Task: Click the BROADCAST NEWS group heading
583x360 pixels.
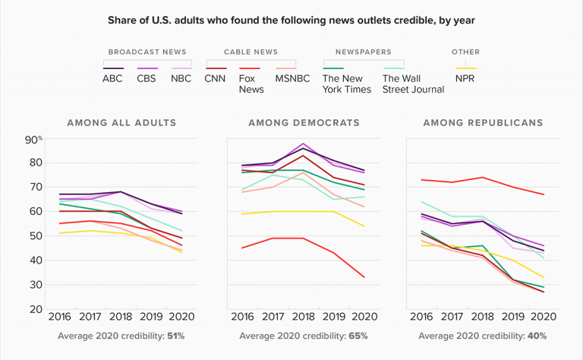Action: tap(147, 52)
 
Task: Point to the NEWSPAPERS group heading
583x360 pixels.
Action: tap(363, 52)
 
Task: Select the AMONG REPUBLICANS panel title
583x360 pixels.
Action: tap(483, 122)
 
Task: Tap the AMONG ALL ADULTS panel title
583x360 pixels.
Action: tap(121, 122)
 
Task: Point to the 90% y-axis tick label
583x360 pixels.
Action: tap(35, 138)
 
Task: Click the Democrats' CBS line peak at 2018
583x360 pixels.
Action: tap(303, 143)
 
